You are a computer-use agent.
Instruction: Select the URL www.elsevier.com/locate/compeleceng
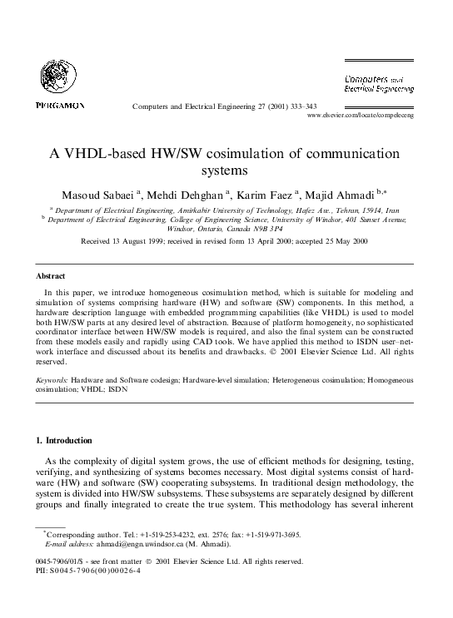click(361, 116)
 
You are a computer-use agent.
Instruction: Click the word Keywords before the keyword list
click(52, 378)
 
